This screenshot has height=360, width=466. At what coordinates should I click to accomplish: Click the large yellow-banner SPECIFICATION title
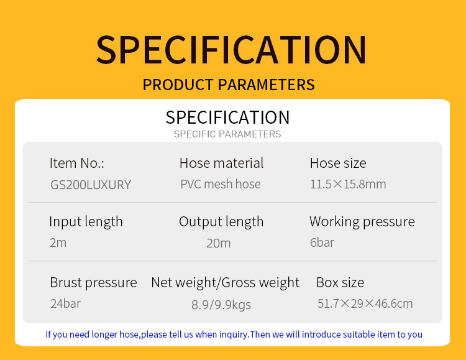(x=231, y=50)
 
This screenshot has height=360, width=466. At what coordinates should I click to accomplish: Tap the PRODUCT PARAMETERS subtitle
(x=229, y=85)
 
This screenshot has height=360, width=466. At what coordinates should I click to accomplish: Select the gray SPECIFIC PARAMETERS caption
(x=227, y=134)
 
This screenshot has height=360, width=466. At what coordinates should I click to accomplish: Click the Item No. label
(x=77, y=163)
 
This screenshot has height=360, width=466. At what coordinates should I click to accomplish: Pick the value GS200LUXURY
(x=91, y=185)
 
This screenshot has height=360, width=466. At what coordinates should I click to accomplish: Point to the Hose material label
(x=221, y=163)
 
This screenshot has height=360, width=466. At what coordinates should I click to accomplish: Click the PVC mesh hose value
(x=221, y=184)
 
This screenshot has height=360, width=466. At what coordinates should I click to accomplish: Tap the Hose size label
(x=338, y=163)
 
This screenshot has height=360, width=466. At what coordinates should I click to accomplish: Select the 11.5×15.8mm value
(x=348, y=184)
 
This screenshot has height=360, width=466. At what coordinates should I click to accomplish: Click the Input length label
(x=86, y=222)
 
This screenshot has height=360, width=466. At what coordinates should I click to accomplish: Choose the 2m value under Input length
(x=58, y=242)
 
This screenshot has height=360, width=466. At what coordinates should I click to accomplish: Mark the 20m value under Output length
(x=219, y=243)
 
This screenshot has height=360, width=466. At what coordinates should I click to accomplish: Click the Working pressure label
(x=362, y=222)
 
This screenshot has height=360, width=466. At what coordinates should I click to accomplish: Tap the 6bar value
(x=322, y=242)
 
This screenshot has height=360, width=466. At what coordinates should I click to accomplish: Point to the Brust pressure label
(x=93, y=283)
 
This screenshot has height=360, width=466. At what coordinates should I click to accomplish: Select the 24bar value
(x=66, y=304)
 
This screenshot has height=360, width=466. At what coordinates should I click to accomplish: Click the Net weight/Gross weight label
(x=226, y=283)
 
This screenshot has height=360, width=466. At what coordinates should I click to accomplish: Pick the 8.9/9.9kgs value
(x=221, y=305)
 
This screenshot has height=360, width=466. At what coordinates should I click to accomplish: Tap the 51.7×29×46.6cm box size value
(x=365, y=304)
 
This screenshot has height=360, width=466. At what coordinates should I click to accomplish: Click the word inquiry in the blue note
(x=234, y=335)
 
